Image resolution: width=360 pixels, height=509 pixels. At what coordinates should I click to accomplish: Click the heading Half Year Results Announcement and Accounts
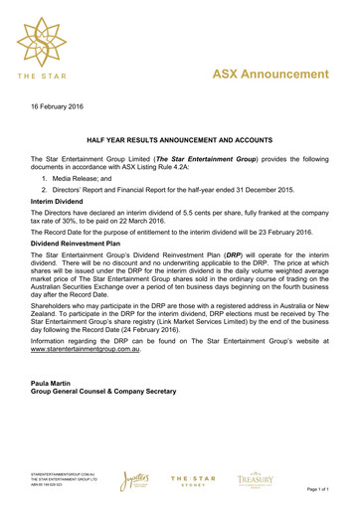point(180,144)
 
